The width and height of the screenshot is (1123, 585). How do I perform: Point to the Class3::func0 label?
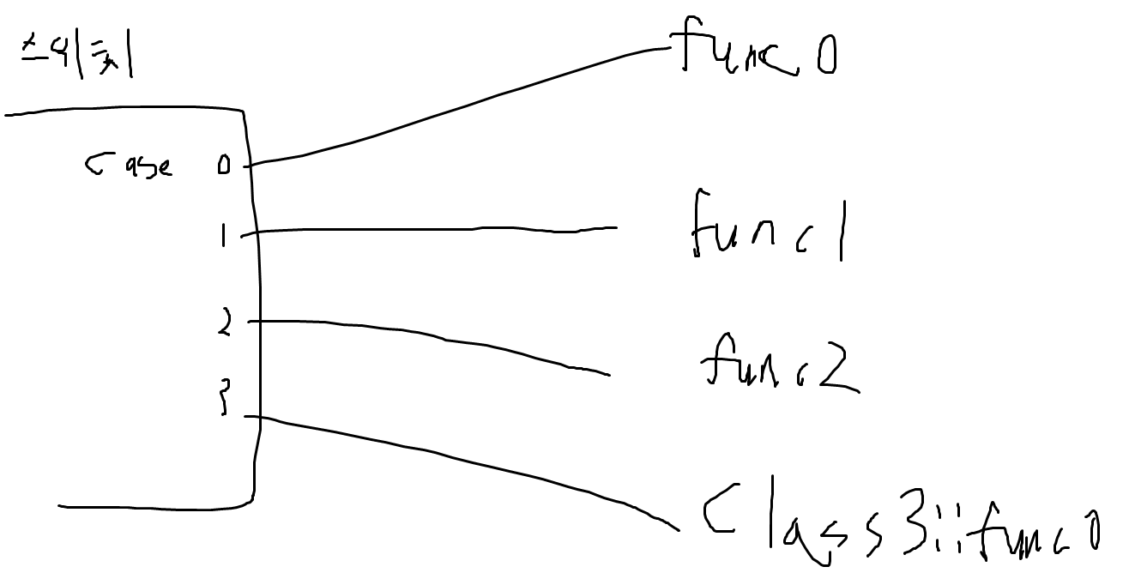click(x=901, y=526)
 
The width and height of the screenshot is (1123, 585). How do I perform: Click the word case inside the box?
click(x=129, y=165)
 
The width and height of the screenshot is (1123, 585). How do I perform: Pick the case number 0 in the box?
click(x=224, y=166)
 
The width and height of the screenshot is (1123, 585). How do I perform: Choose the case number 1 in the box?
click(x=223, y=235)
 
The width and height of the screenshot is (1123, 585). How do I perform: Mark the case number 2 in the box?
click(x=224, y=323)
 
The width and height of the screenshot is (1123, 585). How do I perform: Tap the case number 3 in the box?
click(x=225, y=399)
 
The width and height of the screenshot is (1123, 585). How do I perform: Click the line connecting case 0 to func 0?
click(x=463, y=103)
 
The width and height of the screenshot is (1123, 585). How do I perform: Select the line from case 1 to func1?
click(x=429, y=230)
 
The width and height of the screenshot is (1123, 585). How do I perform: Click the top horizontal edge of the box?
click(x=120, y=111)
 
